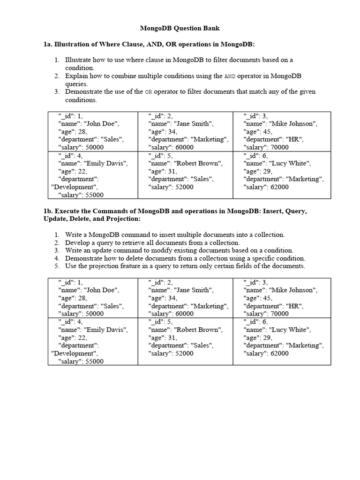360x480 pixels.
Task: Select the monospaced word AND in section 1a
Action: (230, 76)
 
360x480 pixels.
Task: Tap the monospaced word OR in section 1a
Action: (149, 92)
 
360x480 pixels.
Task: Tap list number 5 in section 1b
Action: (56, 266)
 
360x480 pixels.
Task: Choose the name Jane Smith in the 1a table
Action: (194, 124)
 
